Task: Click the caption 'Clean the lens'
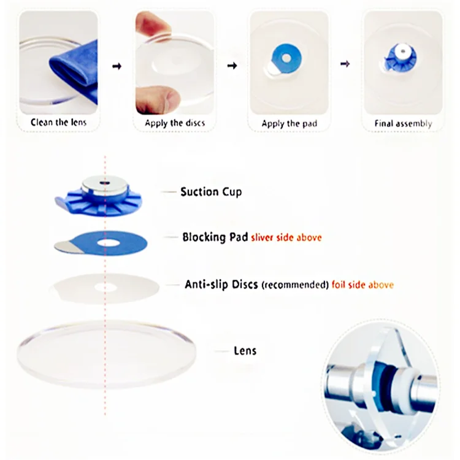(x=59, y=123)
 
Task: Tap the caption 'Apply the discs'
(x=175, y=123)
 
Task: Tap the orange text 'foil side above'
(x=362, y=285)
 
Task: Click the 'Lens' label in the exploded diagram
(x=245, y=351)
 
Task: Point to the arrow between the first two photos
(x=117, y=66)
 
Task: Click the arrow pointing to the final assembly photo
(x=346, y=63)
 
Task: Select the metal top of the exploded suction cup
(x=106, y=183)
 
